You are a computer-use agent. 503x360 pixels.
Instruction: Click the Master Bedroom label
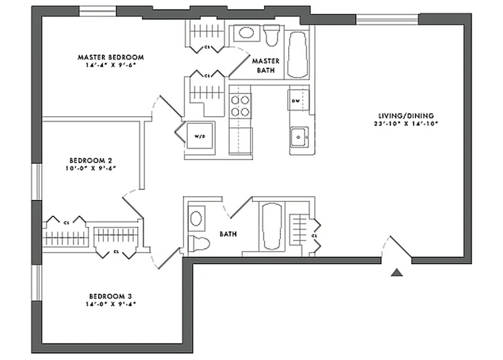[111, 57]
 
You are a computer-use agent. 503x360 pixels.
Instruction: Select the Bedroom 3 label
[110, 296]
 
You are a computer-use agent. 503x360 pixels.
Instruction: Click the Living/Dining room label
[406, 115]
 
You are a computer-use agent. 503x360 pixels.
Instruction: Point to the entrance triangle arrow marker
[397, 272]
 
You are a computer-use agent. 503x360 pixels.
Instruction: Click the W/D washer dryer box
[199, 135]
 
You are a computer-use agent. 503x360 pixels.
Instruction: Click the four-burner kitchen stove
[240, 106]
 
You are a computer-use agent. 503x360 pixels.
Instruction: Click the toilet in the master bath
[271, 35]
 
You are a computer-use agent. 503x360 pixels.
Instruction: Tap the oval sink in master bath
[246, 32]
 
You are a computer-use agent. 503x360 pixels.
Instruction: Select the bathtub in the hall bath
[272, 226]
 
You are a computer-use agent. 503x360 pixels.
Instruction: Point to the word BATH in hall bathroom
[228, 234]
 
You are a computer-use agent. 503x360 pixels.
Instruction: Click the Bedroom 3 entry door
[167, 259]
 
